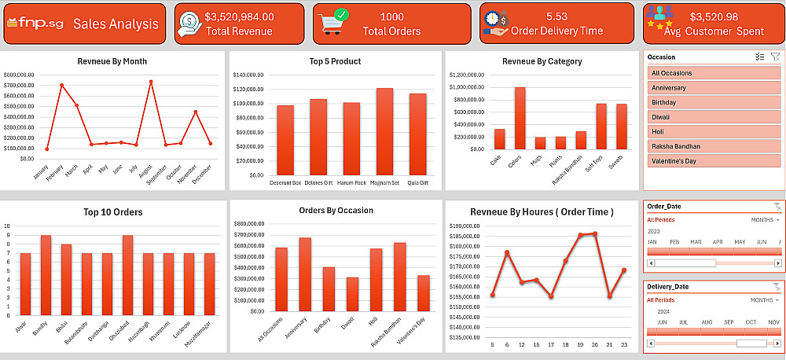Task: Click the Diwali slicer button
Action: (x=714, y=117)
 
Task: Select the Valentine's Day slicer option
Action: (x=714, y=161)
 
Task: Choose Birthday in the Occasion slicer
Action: (x=714, y=102)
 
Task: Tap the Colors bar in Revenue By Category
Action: (x=520, y=118)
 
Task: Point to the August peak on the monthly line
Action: (x=150, y=82)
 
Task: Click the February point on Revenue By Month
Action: (x=61, y=85)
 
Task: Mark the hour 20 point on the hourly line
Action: (x=595, y=233)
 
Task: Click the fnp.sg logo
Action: (x=35, y=24)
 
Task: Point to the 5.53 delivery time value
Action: (x=556, y=16)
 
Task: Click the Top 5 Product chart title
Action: (x=335, y=61)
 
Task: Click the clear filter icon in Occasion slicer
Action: (x=775, y=57)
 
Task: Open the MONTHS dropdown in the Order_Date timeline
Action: (x=765, y=220)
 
